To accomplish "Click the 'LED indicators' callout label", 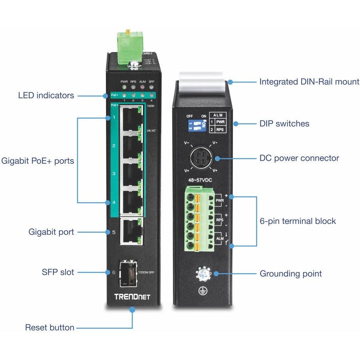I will pos(46,96).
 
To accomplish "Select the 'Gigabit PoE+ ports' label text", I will pos(38,161).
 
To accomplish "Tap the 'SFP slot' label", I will pos(58,272).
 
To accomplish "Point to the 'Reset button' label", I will pos(50,328).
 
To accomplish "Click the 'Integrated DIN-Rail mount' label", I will pos(309,82).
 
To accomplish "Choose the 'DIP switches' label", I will pos(284,124).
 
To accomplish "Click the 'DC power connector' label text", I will pos(299,158).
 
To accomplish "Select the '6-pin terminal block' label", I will pos(298,221).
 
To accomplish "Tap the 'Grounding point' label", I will pos(291,274).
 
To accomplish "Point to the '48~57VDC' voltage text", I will pos(200,180).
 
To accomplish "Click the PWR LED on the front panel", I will pos(124,87).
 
